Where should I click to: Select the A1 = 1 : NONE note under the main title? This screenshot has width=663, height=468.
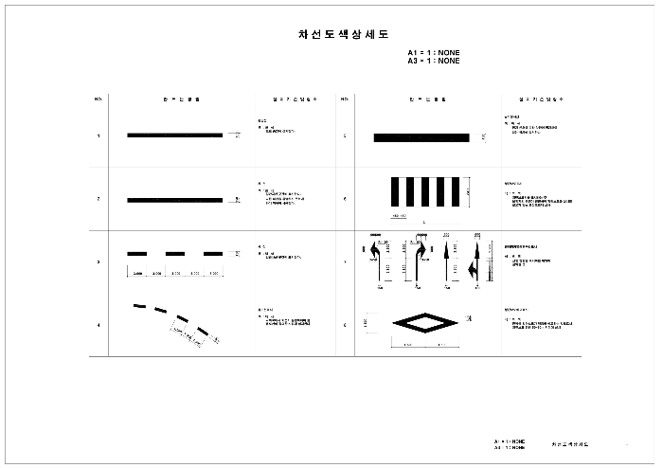(434, 53)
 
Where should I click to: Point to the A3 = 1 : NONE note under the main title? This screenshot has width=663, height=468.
(434, 61)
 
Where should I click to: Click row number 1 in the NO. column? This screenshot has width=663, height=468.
(99, 135)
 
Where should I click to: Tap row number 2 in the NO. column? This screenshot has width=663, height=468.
(99, 199)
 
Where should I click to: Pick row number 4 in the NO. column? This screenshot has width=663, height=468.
(99, 325)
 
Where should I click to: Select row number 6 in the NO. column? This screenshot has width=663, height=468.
(344, 199)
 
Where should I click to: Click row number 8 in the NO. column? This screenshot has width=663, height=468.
(344, 325)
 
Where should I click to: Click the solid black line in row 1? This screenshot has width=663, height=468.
(175, 135)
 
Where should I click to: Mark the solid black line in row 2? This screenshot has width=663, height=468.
(175, 200)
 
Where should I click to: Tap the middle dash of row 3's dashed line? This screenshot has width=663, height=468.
(175, 254)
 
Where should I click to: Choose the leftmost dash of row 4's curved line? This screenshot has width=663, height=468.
(139, 306)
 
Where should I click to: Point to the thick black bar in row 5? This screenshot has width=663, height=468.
(421, 137)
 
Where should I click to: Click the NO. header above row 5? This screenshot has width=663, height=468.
(344, 99)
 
